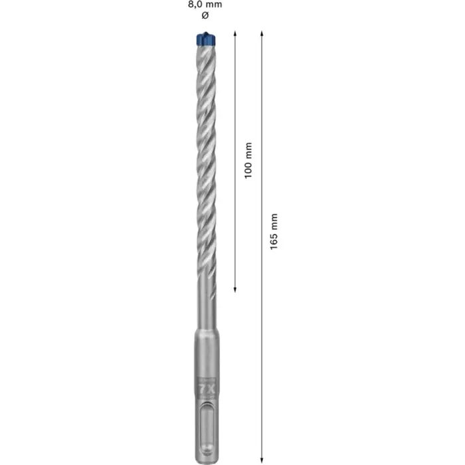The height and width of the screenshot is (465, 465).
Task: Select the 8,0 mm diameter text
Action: (x=204, y=4)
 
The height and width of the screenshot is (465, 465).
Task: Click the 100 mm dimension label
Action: (x=248, y=160)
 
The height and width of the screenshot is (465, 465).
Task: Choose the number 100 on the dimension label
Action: (x=248, y=169)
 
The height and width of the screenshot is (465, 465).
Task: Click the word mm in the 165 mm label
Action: (x=274, y=221)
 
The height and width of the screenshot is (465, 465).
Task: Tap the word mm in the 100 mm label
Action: (x=248, y=149)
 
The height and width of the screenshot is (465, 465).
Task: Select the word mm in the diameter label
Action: (x=214, y=4)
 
